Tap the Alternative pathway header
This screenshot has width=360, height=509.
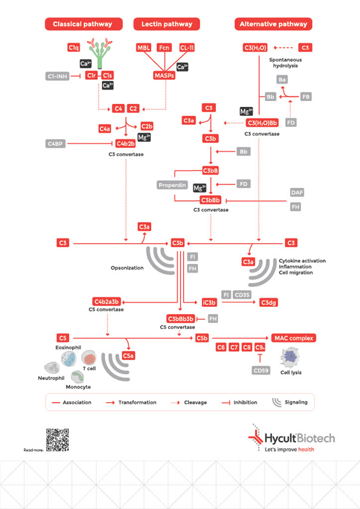(x=273, y=24)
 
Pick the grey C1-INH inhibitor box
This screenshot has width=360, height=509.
(x=57, y=76)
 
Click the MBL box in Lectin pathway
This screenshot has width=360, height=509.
(x=144, y=47)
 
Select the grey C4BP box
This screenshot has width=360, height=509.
(x=56, y=144)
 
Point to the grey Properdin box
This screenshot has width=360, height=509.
(x=172, y=185)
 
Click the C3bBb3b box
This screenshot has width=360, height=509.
(x=181, y=318)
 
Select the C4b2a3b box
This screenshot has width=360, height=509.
(x=107, y=301)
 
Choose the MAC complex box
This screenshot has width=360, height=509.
(x=294, y=338)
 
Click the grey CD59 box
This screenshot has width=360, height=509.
(x=261, y=371)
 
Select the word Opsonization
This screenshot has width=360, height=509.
(x=127, y=268)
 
